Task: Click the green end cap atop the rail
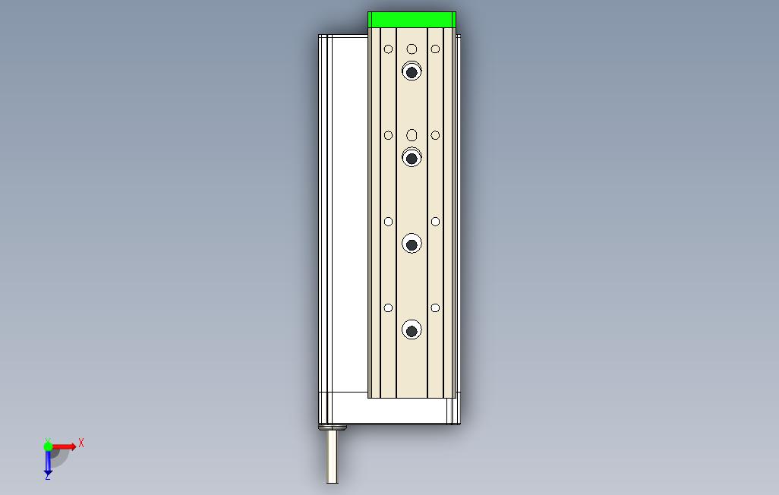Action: click(412, 20)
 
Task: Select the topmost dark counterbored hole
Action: click(412, 72)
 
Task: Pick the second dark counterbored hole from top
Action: click(412, 158)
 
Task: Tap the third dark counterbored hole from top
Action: click(412, 244)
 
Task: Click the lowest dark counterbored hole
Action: click(412, 330)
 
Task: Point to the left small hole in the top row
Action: click(388, 49)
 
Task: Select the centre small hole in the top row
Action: click(412, 49)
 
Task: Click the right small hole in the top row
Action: click(435, 49)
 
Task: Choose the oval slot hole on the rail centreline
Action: click(412, 135)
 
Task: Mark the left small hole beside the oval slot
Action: click(388, 135)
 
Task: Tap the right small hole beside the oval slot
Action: click(435, 135)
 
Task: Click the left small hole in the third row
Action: click(388, 222)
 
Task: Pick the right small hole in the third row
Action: click(435, 222)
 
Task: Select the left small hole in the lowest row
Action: click(388, 308)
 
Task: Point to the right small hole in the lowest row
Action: click(435, 308)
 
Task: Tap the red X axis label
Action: click(81, 443)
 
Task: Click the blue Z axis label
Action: click(47, 476)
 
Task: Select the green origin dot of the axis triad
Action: click(49, 446)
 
